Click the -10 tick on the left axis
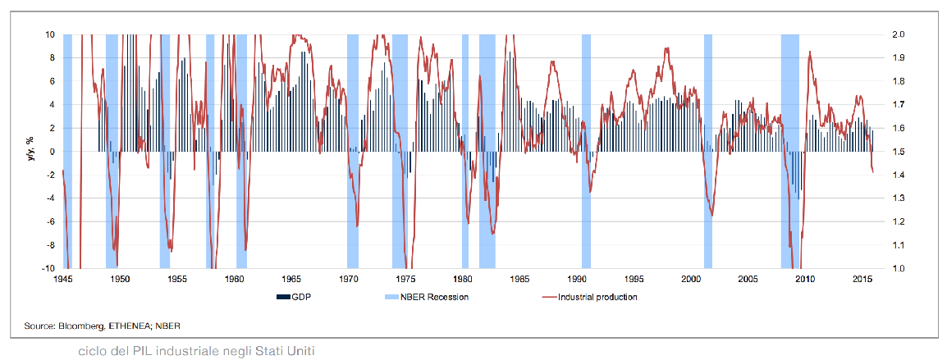[49, 268]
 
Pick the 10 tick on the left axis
[51, 34]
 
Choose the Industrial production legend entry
[597, 296]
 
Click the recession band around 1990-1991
[586, 152]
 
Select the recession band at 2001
[708, 152]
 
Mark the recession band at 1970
[353, 152]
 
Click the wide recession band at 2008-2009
[790, 152]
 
